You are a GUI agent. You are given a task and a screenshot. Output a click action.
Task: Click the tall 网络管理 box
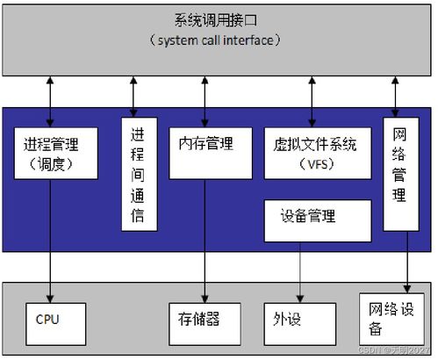pyautogui.click(x=400, y=173)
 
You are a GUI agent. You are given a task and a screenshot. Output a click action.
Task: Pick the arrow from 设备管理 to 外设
pyautogui.click(x=300, y=272)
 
